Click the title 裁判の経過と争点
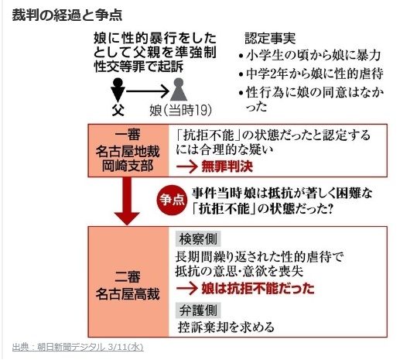pyautogui.click(x=67, y=15)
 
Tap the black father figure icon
pyautogui.click(x=118, y=89)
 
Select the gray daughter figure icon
pyautogui.click(x=179, y=89)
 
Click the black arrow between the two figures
pyautogui.click(x=148, y=91)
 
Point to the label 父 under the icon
pyautogui.click(x=118, y=110)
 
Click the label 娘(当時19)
pyautogui.click(x=180, y=110)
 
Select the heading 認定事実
pyautogui.click(x=270, y=38)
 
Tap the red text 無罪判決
pyautogui.click(x=227, y=166)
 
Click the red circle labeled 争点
pyautogui.click(x=172, y=200)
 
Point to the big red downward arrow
pyautogui.click(x=127, y=201)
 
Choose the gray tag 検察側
pyautogui.click(x=198, y=239)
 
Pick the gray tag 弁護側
pyautogui.click(x=198, y=310)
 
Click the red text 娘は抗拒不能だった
pyautogui.click(x=258, y=289)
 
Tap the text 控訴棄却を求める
pyautogui.click(x=226, y=327)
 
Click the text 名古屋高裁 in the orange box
pyautogui.click(x=128, y=294)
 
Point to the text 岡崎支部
pyautogui.click(x=128, y=166)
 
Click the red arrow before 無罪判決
pyautogui.click(x=187, y=166)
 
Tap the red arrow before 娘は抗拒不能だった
pyautogui.click(x=187, y=289)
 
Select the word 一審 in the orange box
pyautogui.click(x=128, y=135)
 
